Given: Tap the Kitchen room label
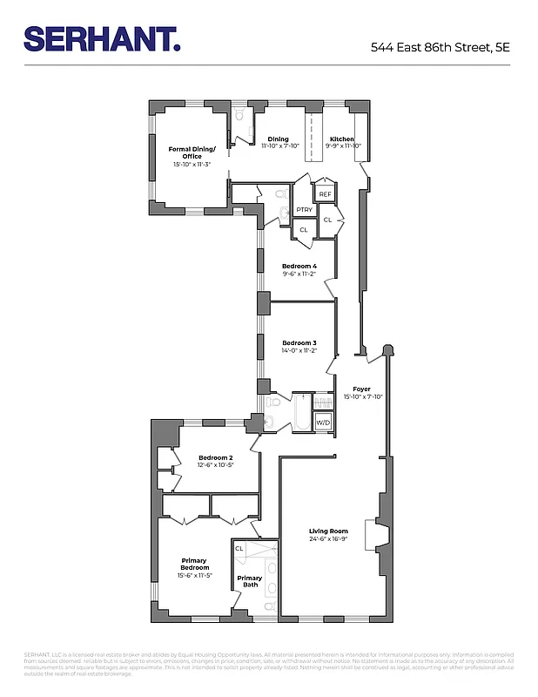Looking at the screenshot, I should tap(342, 139).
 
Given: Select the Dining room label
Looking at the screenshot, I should tap(278, 139).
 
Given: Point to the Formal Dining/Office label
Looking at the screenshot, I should tap(192, 152).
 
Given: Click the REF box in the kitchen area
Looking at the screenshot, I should tap(325, 194).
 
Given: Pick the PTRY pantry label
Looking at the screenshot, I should tap(304, 210).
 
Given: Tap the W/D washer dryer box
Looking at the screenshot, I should tap(323, 423).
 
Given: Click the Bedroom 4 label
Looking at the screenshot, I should tap(299, 266).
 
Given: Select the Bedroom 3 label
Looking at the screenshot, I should tap(299, 343).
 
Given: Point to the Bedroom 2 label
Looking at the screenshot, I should tap(215, 457).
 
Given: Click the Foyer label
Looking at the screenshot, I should tap(361, 389).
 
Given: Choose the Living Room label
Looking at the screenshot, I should tap(328, 531).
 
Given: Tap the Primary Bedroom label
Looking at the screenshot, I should tap(194, 564).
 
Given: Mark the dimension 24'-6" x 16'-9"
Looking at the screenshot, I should tap(328, 538).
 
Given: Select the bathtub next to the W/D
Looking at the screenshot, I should tap(302, 414).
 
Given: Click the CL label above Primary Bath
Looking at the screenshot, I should tap(239, 548).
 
